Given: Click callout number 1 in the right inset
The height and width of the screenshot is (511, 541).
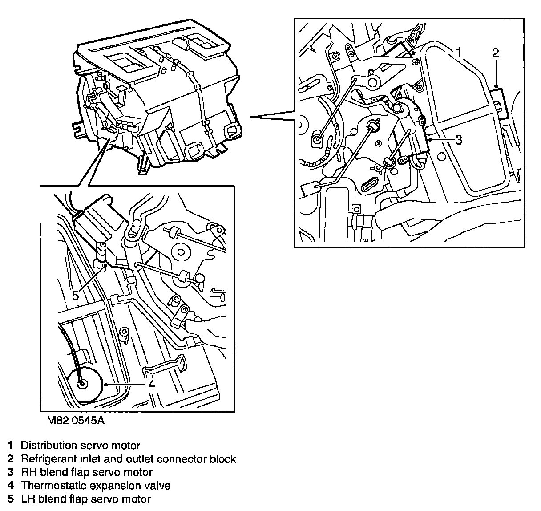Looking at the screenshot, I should [458, 53].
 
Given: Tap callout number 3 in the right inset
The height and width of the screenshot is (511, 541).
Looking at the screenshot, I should [458, 140].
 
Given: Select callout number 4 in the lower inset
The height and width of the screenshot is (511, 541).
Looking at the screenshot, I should [152, 384].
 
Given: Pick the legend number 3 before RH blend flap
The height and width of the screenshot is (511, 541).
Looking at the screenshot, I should [10, 472].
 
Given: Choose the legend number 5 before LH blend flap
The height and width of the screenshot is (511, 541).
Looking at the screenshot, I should [10, 499].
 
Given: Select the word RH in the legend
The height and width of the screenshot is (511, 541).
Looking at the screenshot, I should [28, 472].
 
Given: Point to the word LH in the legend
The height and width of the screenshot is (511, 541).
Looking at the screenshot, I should [28, 499].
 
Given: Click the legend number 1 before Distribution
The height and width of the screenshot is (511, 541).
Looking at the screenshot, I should [10, 445].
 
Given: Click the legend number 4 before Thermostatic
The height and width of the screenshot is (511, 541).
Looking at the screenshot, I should [10, 485].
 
